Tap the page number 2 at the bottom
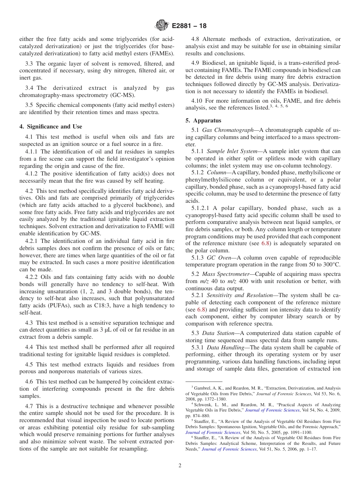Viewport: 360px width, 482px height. pyautogui.click(x=180, y=466)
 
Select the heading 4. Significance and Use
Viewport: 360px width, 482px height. pyautogui.click(x=51, y=127)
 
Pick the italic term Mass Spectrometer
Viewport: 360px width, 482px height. pyautogui.click(x=228, y=274)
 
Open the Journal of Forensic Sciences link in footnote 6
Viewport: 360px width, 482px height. pyautogui.click(x=229, y=449)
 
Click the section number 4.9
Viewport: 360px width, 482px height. pyautogui.click(x=197, y=63)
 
